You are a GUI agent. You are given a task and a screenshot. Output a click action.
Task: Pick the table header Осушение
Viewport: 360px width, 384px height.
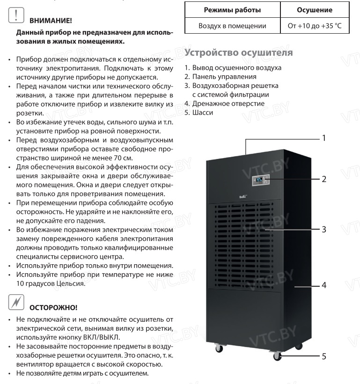(315, 10)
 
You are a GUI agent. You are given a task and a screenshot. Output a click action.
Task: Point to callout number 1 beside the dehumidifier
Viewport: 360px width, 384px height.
(323, 138)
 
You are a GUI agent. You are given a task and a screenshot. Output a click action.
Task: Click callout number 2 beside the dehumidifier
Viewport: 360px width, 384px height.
(323, 179)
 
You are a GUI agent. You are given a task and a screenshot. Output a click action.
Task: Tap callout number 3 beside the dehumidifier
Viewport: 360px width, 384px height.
(323, 230)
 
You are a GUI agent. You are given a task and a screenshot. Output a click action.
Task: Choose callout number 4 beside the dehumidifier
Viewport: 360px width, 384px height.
(323, 284)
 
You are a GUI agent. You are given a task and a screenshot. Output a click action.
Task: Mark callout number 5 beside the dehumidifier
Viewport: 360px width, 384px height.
(323, 356)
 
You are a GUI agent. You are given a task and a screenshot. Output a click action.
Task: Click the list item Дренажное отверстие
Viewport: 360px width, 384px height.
(218, 103)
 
